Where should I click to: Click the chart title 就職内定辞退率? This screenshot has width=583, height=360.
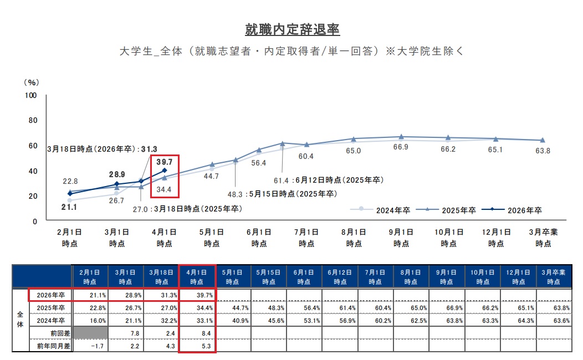coord(292,29)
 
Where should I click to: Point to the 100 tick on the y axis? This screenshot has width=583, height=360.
coord(31,95)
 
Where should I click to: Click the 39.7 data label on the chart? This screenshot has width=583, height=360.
coord(164,162)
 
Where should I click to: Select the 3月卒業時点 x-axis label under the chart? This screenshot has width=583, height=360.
coord(543,238)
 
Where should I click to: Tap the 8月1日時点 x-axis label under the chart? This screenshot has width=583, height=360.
coord(354,238)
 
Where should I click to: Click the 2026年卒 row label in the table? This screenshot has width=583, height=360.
coord(50,295)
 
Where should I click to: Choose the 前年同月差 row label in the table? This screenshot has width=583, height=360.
coord(50,346)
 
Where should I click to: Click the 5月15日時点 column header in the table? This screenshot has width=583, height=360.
coord(268,277)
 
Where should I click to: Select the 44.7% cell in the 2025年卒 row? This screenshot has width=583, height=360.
coord(232,308)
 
